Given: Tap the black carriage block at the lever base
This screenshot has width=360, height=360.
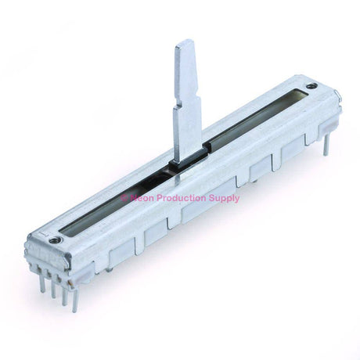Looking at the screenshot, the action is pos(189,158).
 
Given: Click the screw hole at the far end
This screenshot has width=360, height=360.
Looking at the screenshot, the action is pos(311,86).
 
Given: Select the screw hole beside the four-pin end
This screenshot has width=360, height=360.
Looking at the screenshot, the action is pos(56,239).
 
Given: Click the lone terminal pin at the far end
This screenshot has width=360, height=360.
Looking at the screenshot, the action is pos(326,145).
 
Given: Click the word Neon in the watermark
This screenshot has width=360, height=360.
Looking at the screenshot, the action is pos(142,198).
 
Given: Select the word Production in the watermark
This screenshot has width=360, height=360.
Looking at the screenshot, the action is pos(182,198).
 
